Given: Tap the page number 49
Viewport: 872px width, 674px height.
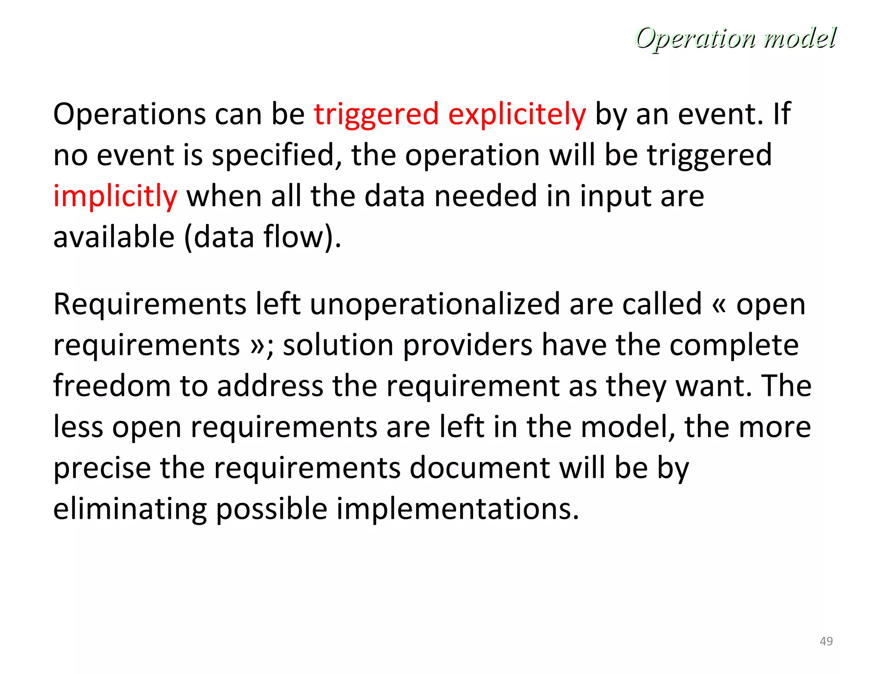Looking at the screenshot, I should click(826, 641).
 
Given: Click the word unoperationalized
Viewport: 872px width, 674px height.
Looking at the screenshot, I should click(435, 304).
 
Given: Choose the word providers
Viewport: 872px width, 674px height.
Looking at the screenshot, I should click(468, 345).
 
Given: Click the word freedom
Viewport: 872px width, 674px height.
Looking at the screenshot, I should click(112, 386).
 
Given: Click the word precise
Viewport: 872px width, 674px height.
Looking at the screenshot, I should click(102, 468).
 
